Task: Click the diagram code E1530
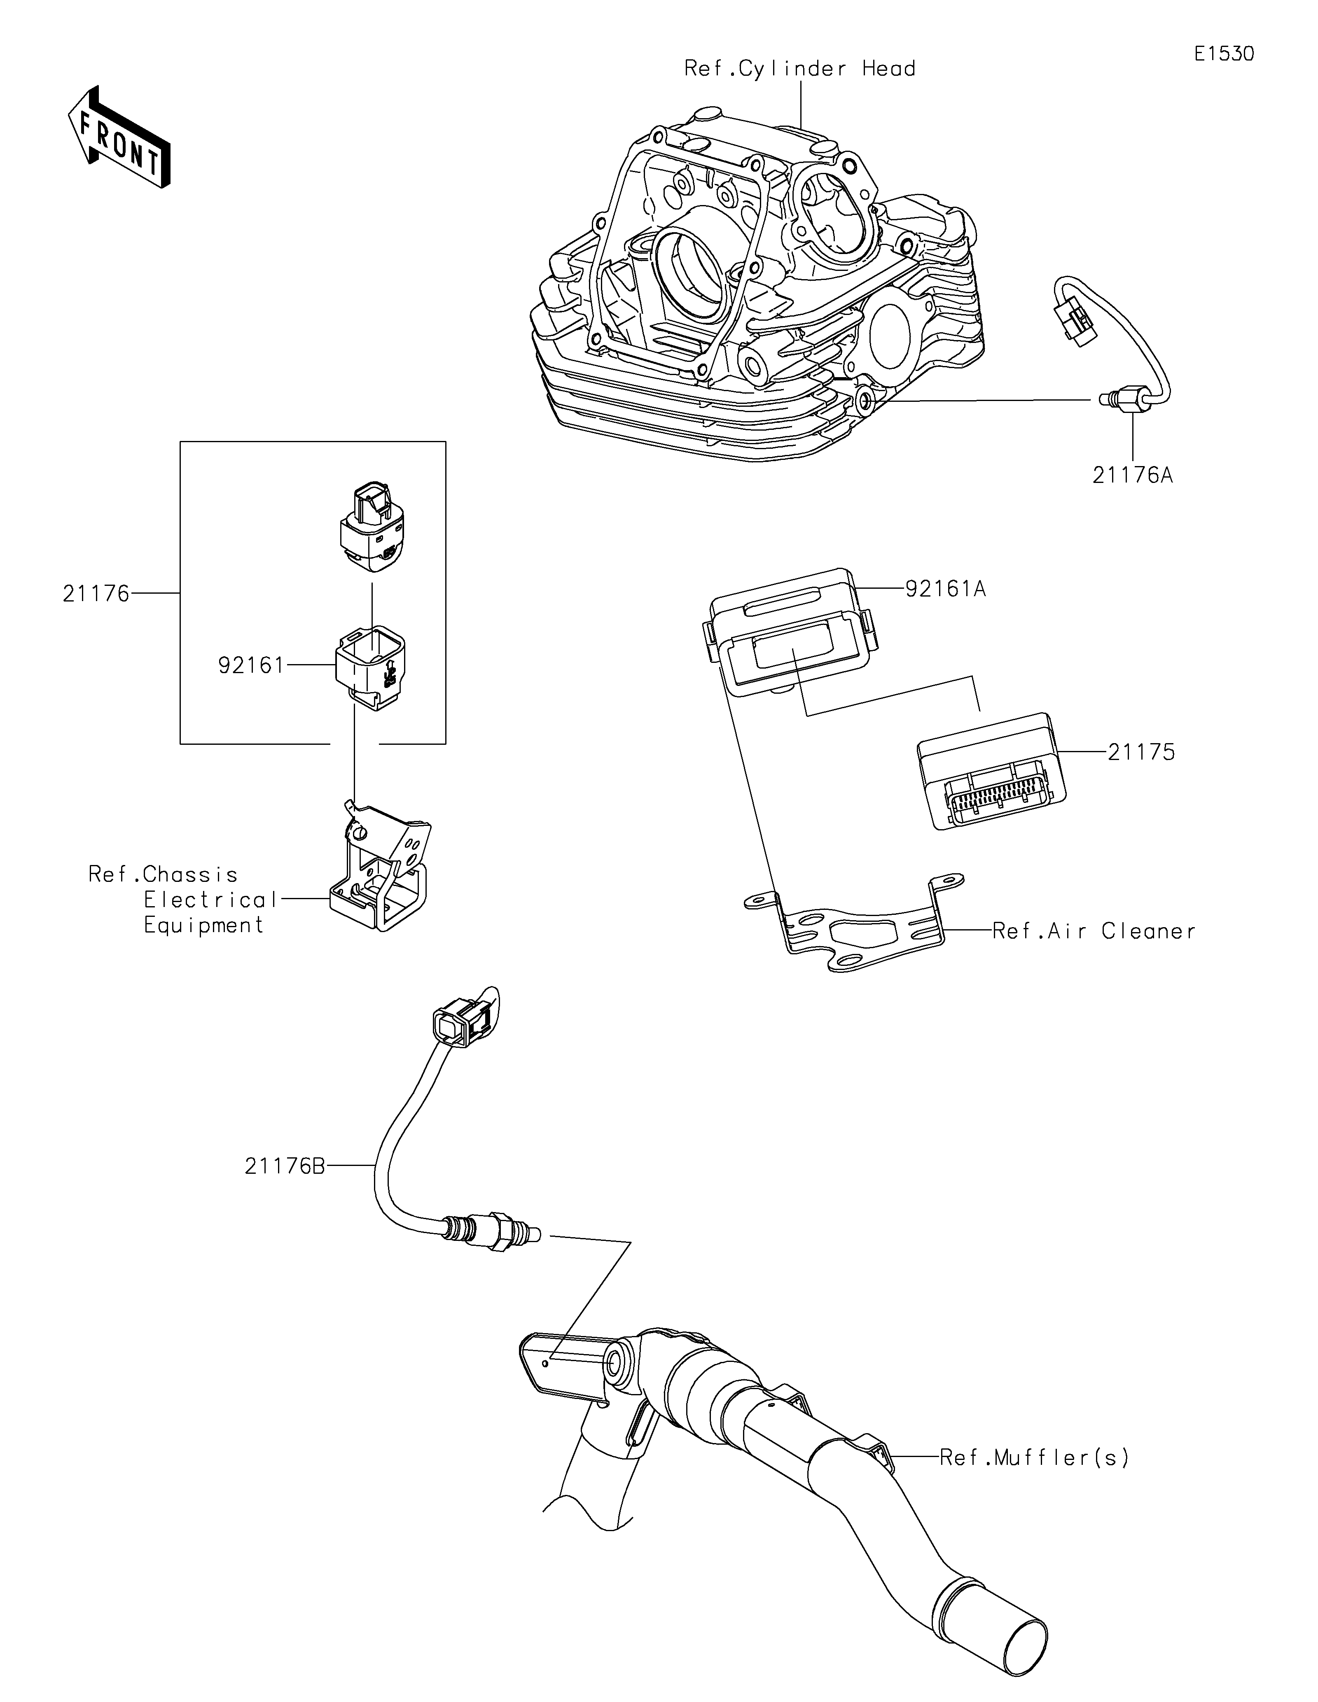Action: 1225,54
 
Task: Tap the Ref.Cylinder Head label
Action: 800,69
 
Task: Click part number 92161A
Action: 945,589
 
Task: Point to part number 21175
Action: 1141,752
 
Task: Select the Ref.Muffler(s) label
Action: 1034,1457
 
